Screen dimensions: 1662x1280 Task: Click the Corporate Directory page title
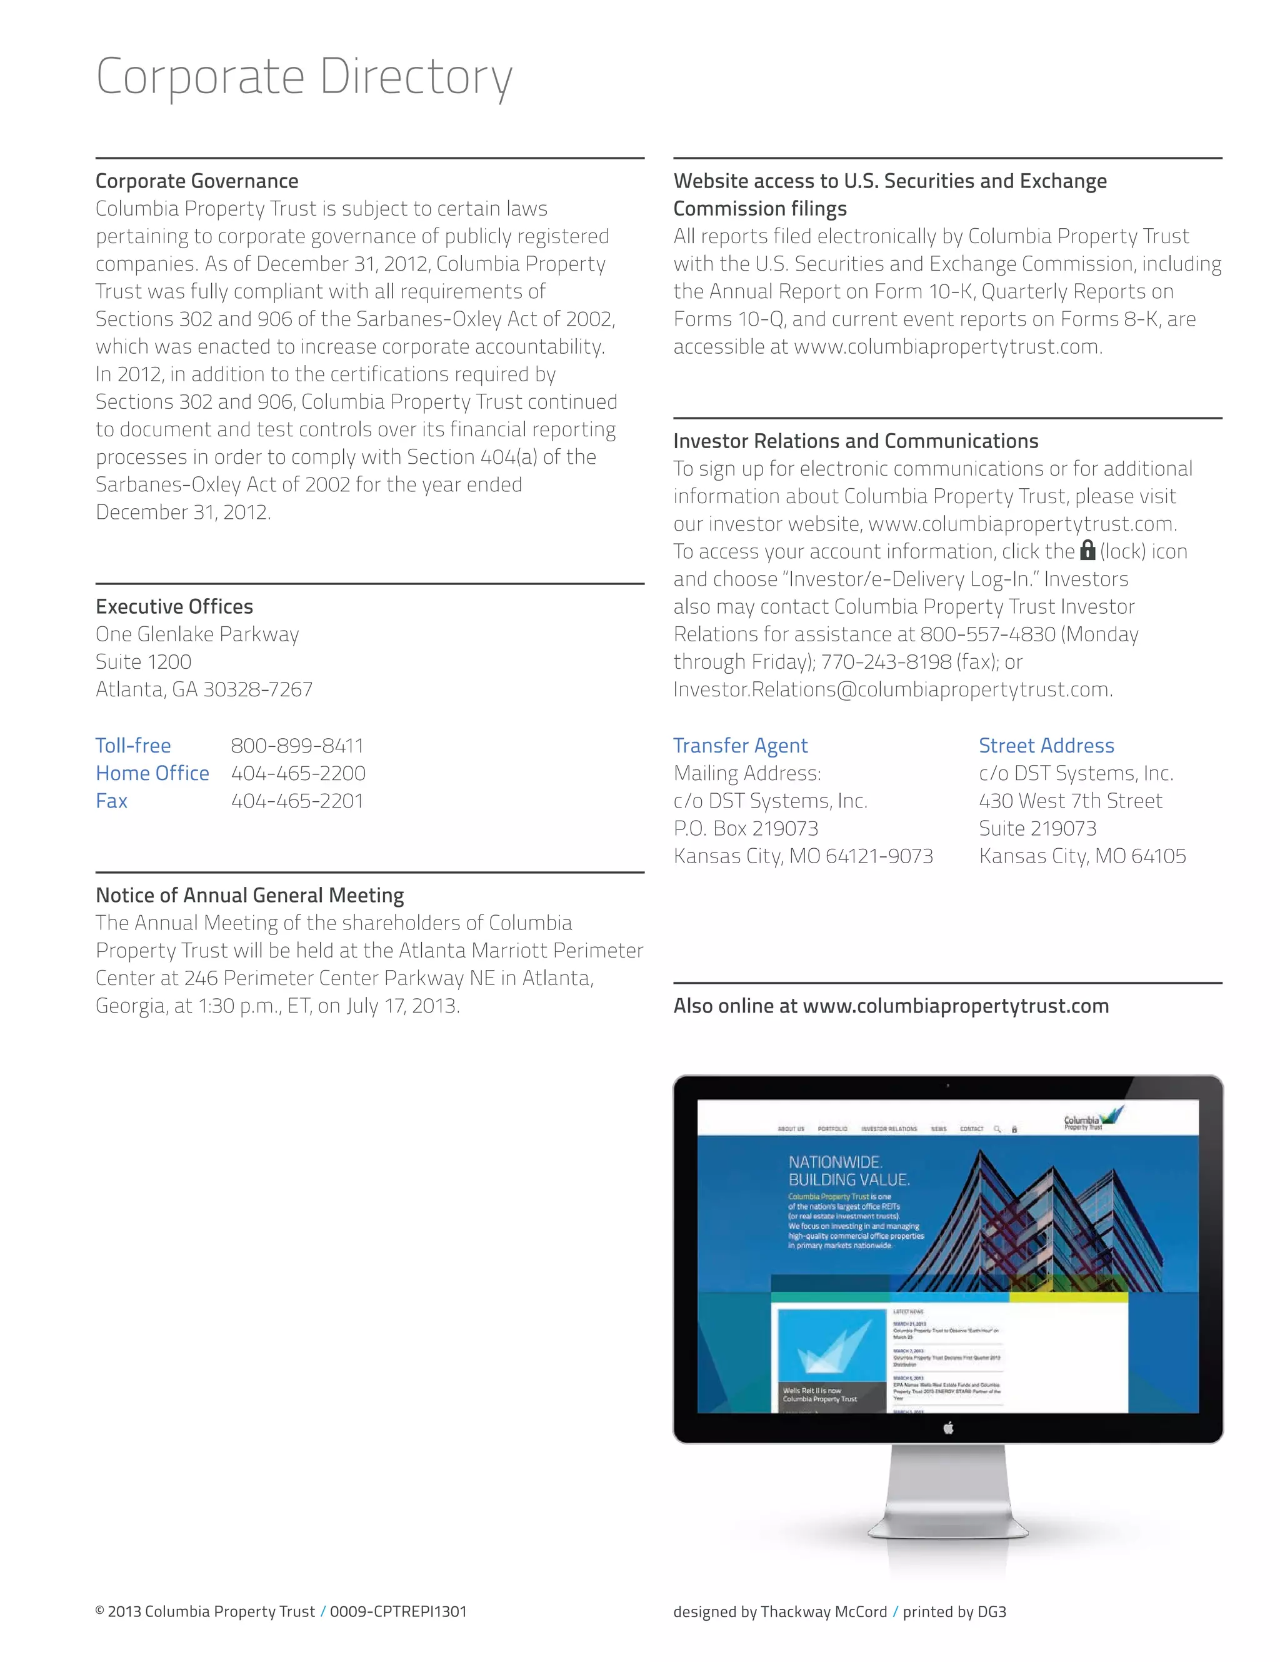(304, 77)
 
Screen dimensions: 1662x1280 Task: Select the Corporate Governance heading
(196, 181)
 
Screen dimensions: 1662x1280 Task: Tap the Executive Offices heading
(174, 606)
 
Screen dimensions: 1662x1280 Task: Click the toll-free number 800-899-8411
(297, 746)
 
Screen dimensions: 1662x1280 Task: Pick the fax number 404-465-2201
(297, 801)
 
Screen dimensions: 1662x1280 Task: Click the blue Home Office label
(152, 773)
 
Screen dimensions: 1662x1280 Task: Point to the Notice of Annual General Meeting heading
(249, 895)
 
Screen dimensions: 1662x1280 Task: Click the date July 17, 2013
(402, 1006)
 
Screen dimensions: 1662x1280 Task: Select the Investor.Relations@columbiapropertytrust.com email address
(891, 689)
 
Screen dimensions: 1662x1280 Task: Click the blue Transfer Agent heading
(740, 746)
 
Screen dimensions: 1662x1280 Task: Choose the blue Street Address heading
(1046, 746)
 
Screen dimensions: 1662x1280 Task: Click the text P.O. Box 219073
(745, 829)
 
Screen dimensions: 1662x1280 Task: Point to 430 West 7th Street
(1070, 801)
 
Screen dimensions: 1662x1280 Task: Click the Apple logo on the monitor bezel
(947, 1428)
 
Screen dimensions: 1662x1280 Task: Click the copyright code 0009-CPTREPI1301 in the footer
(398, 1612)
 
